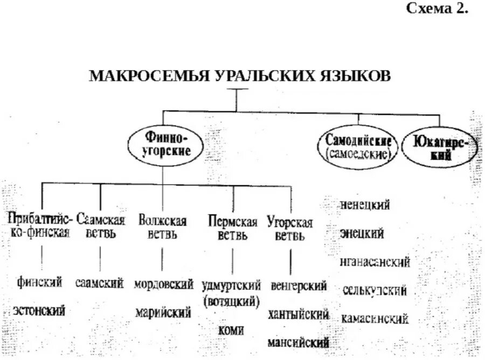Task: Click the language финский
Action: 39,282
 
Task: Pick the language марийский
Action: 163,312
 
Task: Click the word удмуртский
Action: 232,285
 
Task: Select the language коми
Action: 231,329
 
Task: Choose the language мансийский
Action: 299,342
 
